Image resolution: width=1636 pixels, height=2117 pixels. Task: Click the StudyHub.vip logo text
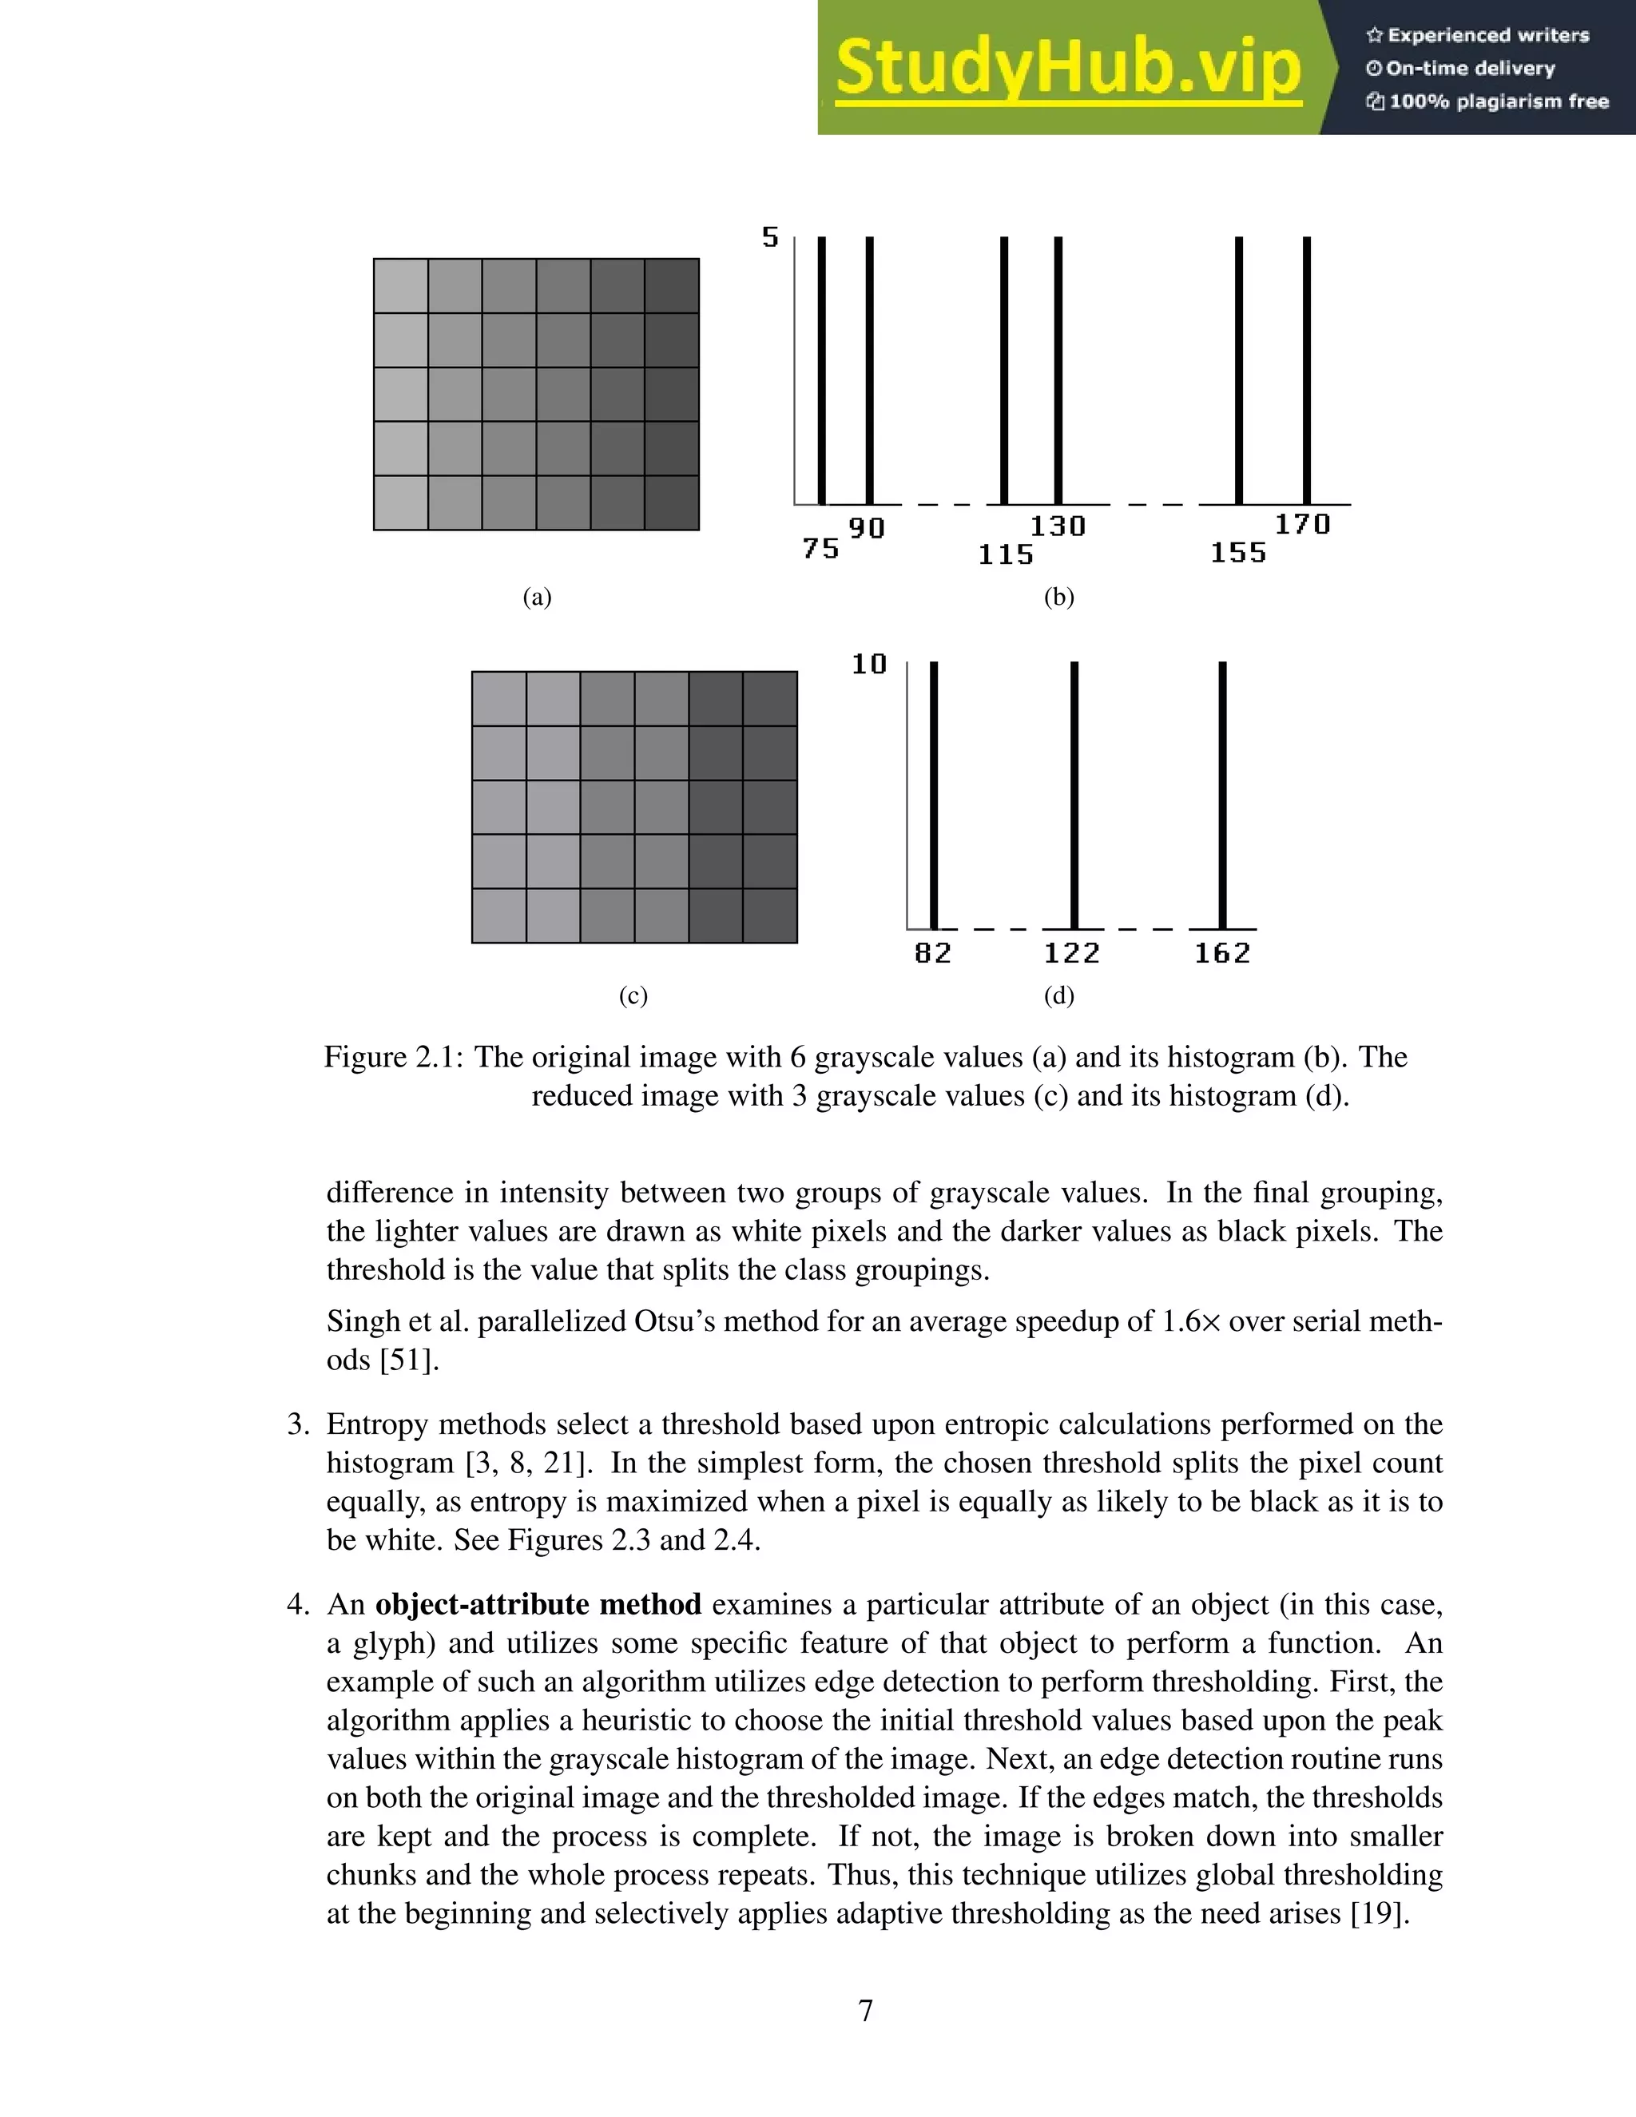click(1067, 68)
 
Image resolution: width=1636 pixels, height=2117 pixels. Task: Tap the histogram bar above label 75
click(822, 368)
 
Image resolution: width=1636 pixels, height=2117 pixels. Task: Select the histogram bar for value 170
click(1306, 368)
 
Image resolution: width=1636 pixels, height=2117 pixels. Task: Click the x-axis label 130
click(1058, 526)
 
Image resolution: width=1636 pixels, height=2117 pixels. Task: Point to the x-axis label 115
click(1006, 554)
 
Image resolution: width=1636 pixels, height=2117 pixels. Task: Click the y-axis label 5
click(771, 237)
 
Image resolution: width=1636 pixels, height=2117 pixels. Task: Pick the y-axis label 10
click(869, 664)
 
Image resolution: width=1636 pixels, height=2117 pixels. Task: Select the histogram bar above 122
click(1074, 795)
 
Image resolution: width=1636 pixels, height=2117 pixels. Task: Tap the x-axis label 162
click(1222, 953)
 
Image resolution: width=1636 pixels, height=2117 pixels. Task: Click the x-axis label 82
click(933, 953)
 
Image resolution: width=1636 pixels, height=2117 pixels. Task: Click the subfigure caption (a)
click(537, 597)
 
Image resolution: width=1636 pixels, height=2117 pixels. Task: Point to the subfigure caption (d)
click(1059, 995)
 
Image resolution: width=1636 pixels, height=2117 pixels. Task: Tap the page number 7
click(865, 2011)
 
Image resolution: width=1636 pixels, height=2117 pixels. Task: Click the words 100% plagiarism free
click(1498, 101)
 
